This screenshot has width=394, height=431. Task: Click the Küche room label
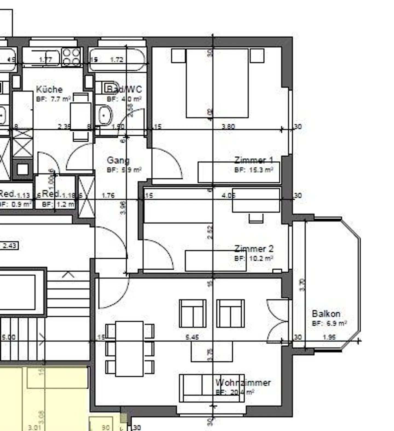49,89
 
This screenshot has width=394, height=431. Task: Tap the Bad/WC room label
124,89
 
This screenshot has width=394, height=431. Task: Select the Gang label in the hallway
118,160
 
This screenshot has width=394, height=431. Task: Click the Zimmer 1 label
254,160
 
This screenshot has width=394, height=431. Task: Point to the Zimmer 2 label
254,249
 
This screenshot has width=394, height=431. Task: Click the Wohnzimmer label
243,383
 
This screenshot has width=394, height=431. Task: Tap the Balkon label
326,314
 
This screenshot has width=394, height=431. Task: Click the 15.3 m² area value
261,170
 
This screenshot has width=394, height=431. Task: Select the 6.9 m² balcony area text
336,323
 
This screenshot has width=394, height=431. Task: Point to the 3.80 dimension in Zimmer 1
228,127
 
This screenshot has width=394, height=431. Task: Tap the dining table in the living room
129,349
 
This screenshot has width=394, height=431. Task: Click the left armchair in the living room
193,313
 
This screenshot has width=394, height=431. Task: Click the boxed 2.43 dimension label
10,246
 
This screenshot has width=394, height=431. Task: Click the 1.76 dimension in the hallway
108,196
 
